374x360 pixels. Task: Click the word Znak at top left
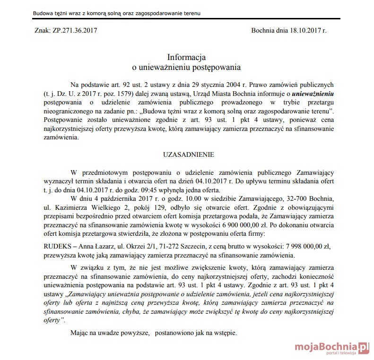click(x=43, y=30)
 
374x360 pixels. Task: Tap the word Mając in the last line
click(x=78, y=333)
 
